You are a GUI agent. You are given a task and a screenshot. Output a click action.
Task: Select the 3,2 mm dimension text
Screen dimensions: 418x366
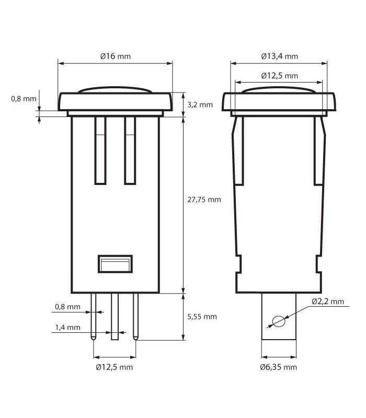(x=200, y=104)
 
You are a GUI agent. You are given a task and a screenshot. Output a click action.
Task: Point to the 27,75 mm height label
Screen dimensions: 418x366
(x=204, y=200)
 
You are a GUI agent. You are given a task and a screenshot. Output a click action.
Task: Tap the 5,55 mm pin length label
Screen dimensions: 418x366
(x=202, y=317)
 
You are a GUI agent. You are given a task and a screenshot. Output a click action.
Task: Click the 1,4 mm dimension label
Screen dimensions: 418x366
(x=68, y=328)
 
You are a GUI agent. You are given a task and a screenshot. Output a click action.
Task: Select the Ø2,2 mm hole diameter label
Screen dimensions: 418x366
(x=328, y=301)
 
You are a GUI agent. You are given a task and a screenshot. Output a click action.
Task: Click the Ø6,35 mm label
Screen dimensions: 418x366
(x=278, y=367)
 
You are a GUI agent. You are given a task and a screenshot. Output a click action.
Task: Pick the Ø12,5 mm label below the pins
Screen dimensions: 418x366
(x=114, y=367)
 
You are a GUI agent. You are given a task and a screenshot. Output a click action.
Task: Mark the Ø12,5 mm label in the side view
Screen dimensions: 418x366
(x=279, y=75)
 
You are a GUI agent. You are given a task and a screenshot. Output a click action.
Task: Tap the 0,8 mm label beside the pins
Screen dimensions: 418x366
(x=68, y=307)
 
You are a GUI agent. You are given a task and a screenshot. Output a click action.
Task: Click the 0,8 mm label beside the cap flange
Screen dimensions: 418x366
(x=24, y=98)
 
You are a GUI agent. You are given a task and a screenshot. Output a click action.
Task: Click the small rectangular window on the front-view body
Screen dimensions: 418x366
(x=115, y=264)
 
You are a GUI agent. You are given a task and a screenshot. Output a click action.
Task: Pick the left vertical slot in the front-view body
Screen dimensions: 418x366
(x=100, y=150)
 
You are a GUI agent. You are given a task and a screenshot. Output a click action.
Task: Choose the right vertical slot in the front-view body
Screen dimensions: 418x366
(x=130, y=150)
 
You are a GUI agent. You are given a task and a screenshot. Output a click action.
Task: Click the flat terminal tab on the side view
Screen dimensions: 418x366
(x=279, y=334)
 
